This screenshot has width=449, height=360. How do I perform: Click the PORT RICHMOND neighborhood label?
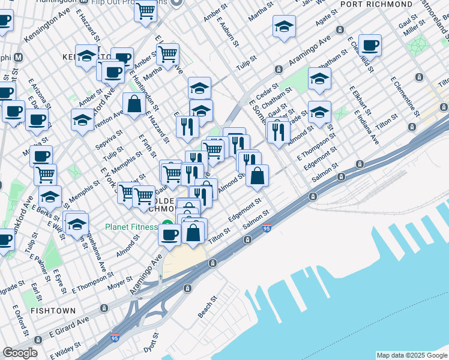370,4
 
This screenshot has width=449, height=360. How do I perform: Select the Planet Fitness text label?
131,227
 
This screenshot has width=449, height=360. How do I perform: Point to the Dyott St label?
155,343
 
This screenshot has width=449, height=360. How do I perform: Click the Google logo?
20,353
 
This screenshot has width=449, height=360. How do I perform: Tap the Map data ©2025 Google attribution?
412,355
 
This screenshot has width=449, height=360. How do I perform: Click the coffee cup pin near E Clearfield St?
370,46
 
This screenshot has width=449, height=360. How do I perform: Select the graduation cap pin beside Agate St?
284,26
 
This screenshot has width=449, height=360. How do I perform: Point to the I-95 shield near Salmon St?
267,228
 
